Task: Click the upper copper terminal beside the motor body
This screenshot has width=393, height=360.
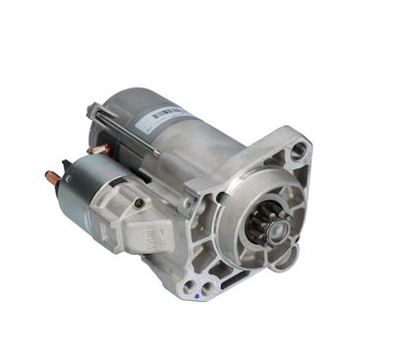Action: pyautogui.click(x=98, y=150)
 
